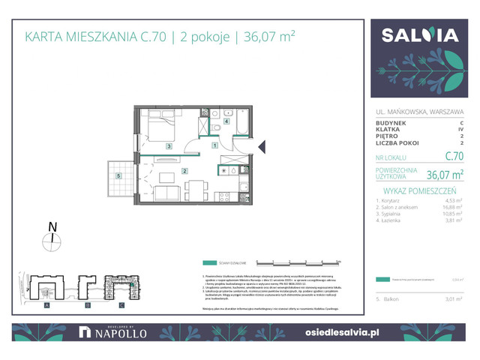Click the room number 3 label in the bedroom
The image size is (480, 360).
coord(170,146)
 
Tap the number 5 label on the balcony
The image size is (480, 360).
coord(118,176)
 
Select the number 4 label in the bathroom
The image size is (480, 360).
coord(226,120)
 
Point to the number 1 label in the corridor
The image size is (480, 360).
coord(214,145)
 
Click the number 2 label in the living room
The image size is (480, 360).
coord(184,171)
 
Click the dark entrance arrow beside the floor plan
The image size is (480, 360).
coord(261,147)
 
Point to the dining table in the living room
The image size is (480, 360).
coord(195,187)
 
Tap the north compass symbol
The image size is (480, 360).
coord(52,240)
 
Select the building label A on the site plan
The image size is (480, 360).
coord(46,306)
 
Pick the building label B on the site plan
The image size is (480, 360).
coord(87,306)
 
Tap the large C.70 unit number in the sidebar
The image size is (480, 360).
coord(454,157)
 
